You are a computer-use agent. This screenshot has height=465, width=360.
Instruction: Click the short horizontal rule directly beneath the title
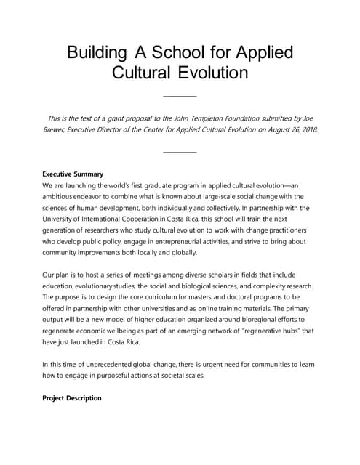click(180, 95)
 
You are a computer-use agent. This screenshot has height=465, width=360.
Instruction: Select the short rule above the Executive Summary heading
click(180, 152)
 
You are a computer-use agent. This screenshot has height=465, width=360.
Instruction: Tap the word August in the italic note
click(271, 129)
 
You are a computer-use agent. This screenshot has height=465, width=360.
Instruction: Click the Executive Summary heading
click(73, 174)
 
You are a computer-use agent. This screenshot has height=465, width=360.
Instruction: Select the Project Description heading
click(72, 398)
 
